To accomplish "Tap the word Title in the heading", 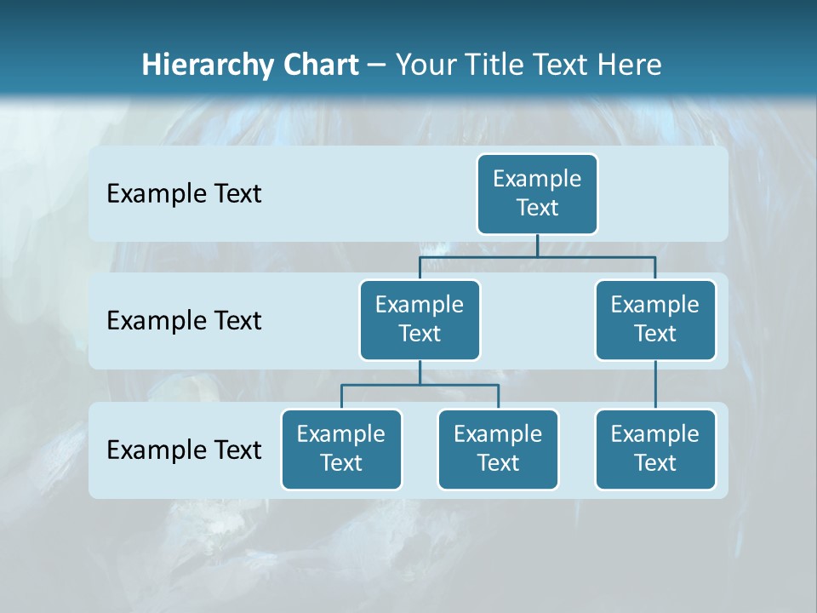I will pyautogui.click(x=493, y=66).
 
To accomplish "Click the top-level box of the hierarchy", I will pyautogui.click(x=537, y=194).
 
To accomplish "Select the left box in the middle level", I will pyautogui.click(x=420, y=320).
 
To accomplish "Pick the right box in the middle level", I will pyautogui.click(x=655, y=320).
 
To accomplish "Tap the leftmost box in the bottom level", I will pyautogui.click(x=341, y=450).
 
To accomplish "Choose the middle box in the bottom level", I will pyautogui.click(x=498, y=450).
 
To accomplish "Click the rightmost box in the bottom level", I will pyautogui.click(x=655, y=450).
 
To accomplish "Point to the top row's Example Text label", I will pyautogui.click(x=184, y=194).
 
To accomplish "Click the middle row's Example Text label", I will pyautogui.click(x=184, y=321).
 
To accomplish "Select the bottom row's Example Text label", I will pyautogui.click(x=184, y=450).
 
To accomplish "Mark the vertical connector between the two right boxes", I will pyautogui.click(x=655, y=385).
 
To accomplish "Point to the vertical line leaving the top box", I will pyautogui.click(x=537, y=245).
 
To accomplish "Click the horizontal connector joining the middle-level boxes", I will pyautogui.click(x=537, y=256).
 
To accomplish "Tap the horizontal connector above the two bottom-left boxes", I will pyautogui.click(x=420, y=385).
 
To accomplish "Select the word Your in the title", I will pyautogui.click(x=424, y=66).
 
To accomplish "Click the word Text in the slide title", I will pyautogui.click(x=563, y=66).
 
